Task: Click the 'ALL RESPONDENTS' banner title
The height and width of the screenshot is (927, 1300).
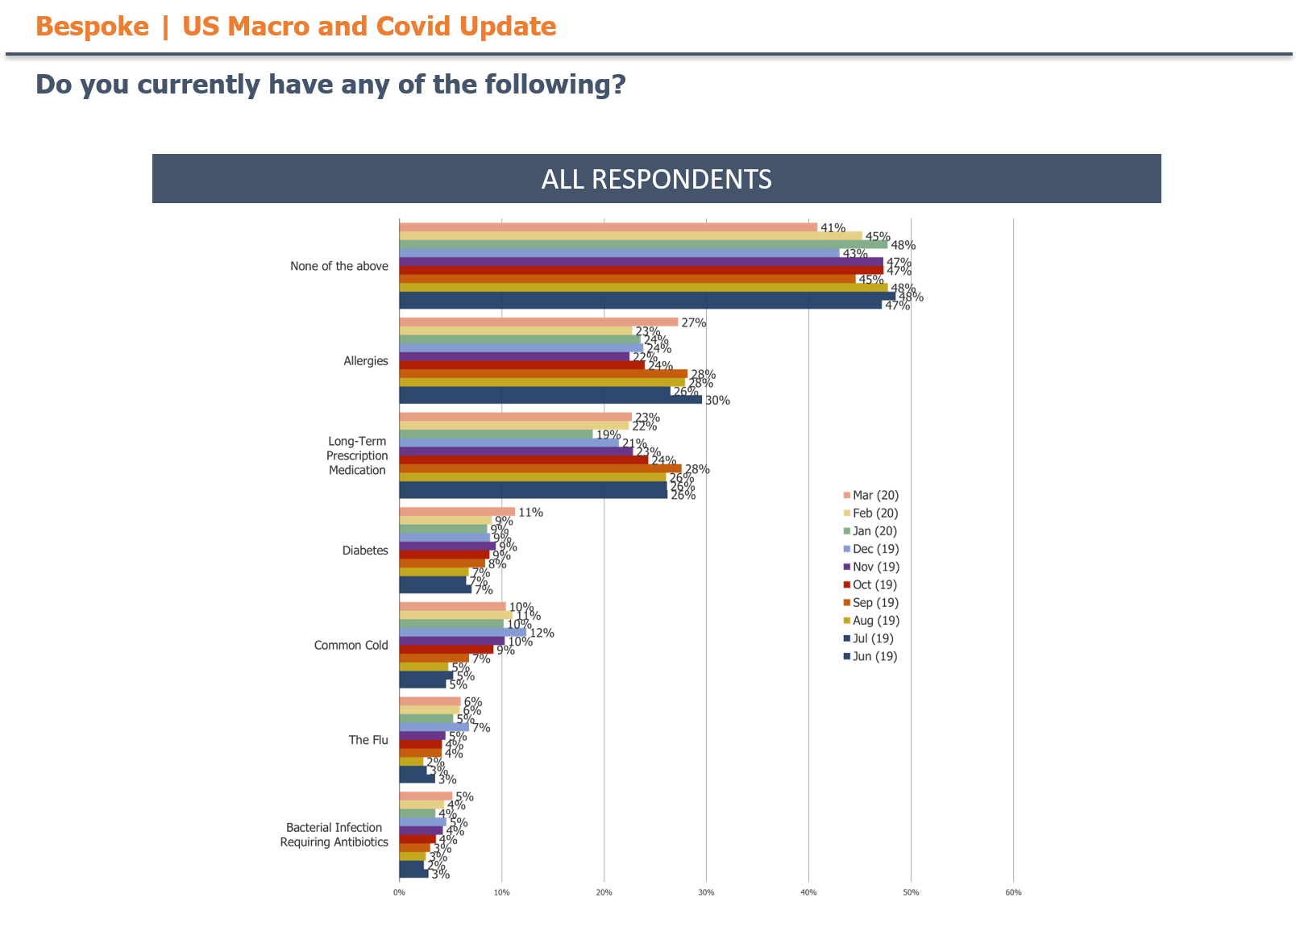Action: [656, 179]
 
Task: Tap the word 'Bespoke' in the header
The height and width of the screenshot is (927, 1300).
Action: [92, 27]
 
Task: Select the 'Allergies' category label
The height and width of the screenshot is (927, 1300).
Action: [365, 361]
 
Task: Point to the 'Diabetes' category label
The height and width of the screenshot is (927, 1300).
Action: [364, 551]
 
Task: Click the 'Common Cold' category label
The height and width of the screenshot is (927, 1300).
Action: [351, 645]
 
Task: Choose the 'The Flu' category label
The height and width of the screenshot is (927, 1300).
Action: [368, 740]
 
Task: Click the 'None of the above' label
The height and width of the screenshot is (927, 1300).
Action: [338, 266]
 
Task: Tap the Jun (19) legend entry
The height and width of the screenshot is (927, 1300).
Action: [874, 656]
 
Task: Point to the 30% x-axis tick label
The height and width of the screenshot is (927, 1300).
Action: [706, 892]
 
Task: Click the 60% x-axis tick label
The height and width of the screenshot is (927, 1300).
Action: [1013, 892]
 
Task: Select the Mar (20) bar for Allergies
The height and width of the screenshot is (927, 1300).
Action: [538, 322]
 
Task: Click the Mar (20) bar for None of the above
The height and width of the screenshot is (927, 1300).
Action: [608, 227]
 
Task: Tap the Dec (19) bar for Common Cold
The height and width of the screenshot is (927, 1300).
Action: [463, 633]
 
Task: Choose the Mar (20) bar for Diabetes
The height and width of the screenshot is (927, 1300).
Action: [457, 512]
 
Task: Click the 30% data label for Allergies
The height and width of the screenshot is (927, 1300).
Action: [717, 401]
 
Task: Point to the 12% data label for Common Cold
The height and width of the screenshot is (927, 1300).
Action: [542, 634]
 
